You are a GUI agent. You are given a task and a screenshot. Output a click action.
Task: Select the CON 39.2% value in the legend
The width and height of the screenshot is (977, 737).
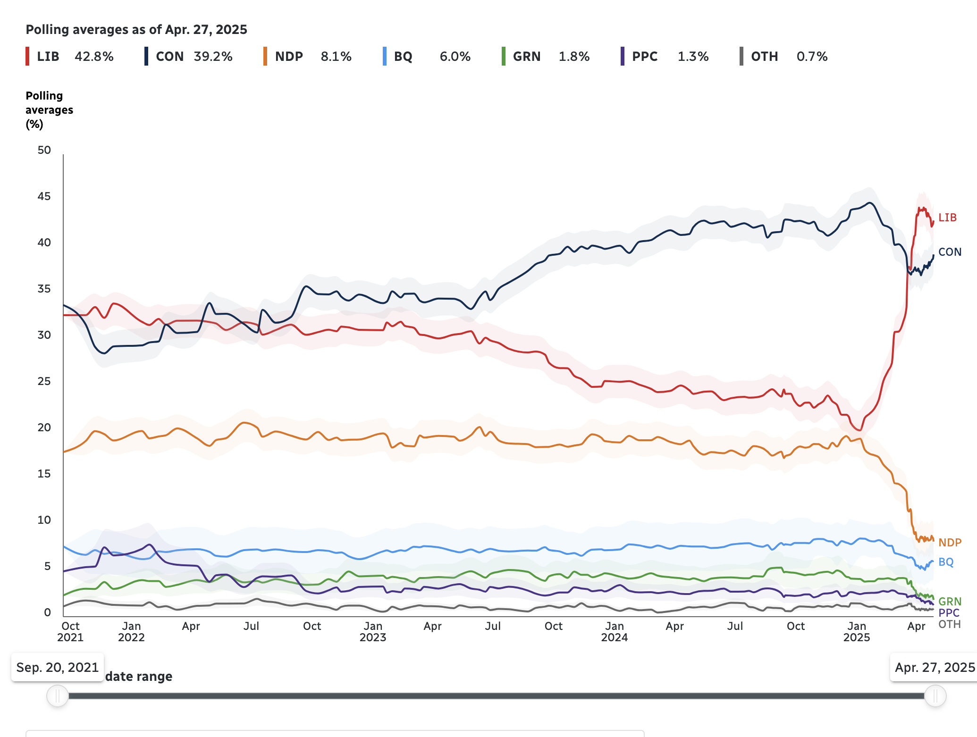213,57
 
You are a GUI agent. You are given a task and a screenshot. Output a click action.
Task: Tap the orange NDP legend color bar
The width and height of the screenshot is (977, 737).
265,57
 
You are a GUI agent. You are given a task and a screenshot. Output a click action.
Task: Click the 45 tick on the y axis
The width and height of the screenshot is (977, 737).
44,196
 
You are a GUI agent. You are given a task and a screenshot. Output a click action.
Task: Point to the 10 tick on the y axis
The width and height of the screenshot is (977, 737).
44,520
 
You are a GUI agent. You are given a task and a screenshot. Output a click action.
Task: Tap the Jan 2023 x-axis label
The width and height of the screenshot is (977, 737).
373,632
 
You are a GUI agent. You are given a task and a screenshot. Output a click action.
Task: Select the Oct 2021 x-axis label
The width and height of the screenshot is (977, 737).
70,632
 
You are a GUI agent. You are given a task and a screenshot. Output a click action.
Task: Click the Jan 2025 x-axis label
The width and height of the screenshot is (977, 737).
856,632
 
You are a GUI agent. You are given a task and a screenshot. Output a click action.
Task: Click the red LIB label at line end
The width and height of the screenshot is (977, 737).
947,218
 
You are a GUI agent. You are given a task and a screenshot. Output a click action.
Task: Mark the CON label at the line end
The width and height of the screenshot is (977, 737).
950,252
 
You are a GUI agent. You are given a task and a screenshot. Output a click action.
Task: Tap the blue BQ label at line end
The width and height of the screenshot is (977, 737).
946,562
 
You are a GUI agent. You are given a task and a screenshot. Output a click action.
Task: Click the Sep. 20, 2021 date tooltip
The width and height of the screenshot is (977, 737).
58,667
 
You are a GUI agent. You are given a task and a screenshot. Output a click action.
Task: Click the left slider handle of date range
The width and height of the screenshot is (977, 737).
58,696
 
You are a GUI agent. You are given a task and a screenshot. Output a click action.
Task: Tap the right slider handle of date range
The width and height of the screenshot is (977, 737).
935,696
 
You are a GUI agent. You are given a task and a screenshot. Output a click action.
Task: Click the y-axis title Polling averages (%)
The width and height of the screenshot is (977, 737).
49,110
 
